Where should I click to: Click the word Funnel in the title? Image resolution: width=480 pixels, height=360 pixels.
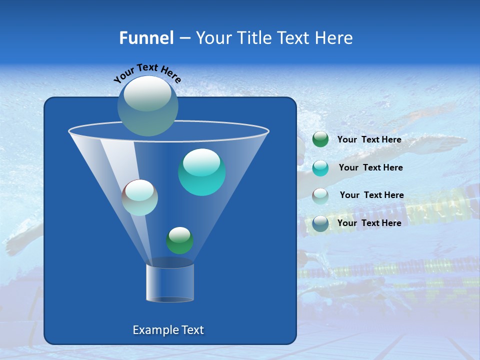(146, 38)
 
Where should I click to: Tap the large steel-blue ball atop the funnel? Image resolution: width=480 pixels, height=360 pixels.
(148, 105)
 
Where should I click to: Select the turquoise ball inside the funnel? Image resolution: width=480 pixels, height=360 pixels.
(201, 172)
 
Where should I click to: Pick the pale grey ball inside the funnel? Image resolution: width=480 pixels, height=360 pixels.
(140, 197)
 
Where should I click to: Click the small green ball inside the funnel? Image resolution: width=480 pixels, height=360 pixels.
(179, 240)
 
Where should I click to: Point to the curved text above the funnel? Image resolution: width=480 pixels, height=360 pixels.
(147, 72)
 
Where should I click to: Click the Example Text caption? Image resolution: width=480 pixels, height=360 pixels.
(168, 330)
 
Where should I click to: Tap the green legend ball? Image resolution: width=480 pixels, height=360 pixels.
(320, 139)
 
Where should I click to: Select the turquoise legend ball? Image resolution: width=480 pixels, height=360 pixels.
(320, 167)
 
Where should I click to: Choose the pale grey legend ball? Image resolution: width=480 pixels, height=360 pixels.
(320, 195)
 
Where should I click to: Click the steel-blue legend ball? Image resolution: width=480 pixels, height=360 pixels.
(320, 223)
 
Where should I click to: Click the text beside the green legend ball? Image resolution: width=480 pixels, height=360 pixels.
(369, 139)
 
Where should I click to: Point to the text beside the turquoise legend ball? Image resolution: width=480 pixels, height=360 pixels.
(370, 167)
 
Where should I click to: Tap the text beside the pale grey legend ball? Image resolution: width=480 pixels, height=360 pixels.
(371, 195)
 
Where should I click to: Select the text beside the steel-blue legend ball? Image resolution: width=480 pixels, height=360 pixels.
(369, 223)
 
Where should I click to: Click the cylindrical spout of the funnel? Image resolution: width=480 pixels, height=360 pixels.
(170, 282)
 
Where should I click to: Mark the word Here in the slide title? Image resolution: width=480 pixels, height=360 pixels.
(334, 38)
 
